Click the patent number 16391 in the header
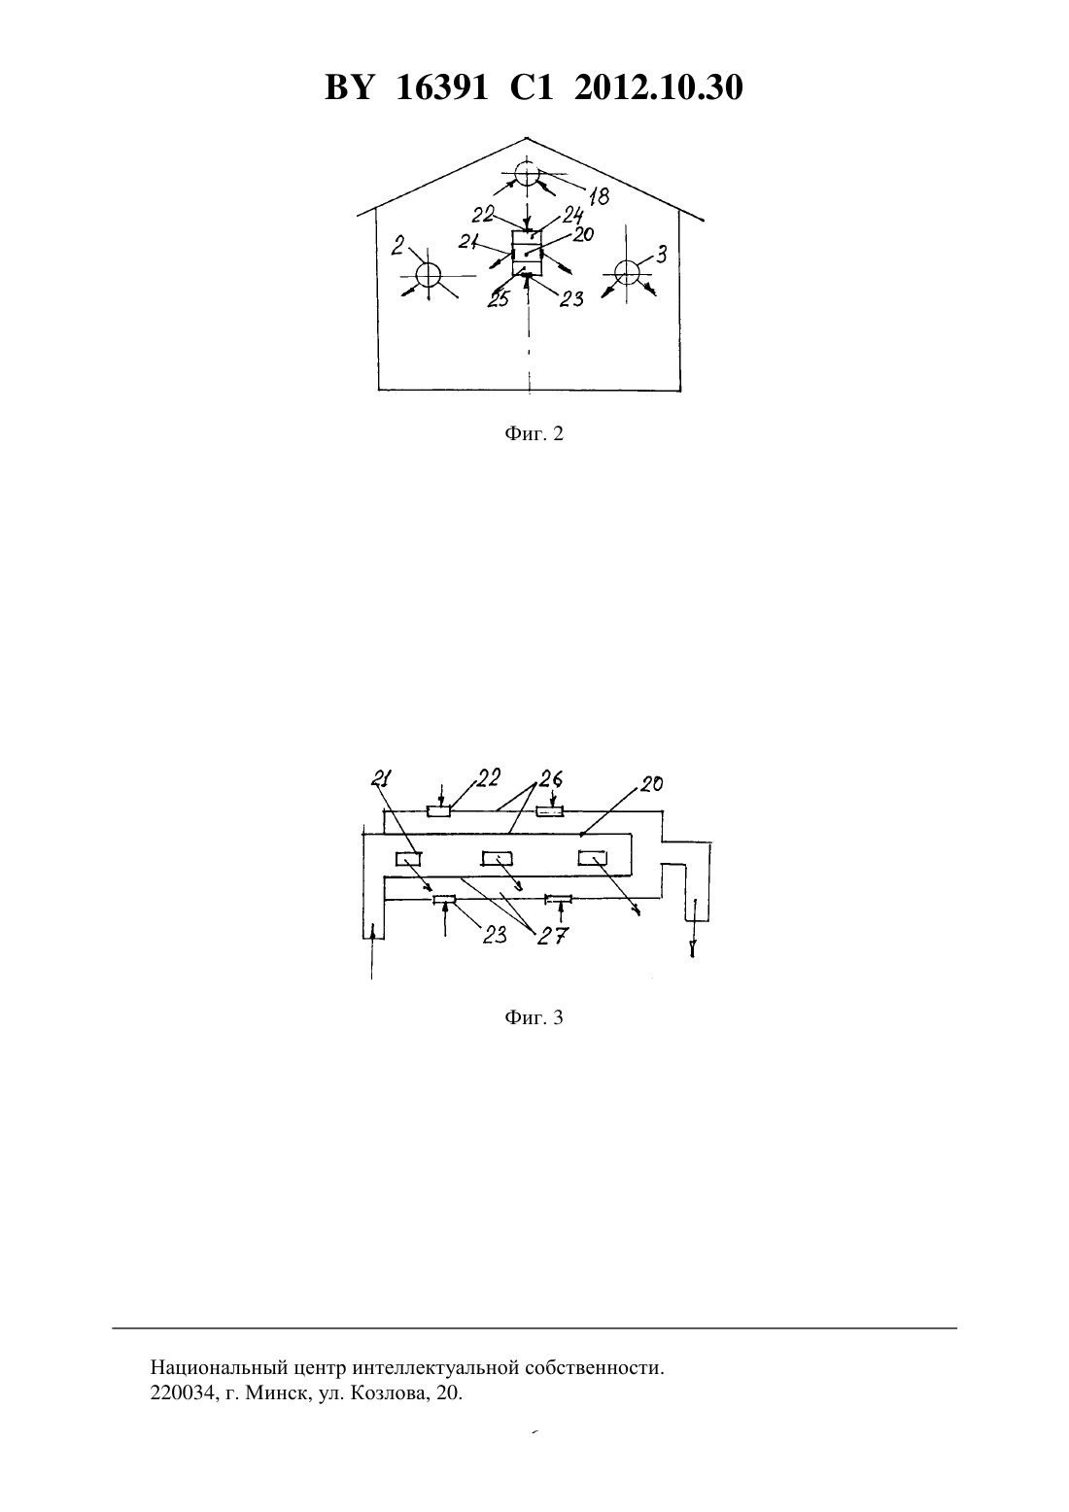441,87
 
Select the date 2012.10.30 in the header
659,87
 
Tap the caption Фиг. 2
534,433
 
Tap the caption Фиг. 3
534,1017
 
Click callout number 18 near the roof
599,196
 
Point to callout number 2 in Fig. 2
397,244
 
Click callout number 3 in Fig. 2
662,255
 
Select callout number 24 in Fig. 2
572,216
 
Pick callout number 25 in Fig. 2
499,299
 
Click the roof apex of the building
526,138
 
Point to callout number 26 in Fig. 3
551,779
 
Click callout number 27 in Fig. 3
553,936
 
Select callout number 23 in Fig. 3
495,934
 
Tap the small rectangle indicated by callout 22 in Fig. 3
438,810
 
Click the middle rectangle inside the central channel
497,859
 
